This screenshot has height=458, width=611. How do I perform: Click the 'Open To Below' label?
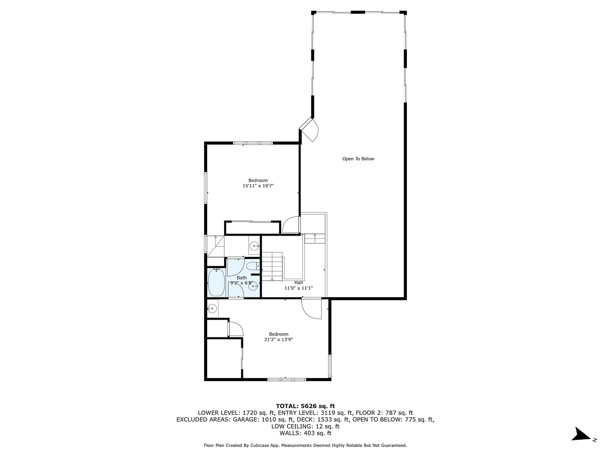pos(358,159)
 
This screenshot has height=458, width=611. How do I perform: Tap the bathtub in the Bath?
pos(216,283)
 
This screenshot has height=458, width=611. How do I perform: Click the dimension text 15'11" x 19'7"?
pos(258,186)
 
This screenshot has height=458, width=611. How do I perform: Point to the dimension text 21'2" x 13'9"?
pos(279,340)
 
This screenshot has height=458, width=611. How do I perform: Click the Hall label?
pos(298,282)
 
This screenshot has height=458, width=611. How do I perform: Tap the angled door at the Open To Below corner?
pos(310,129)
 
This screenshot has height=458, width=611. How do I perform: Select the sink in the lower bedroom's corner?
pos(212,308)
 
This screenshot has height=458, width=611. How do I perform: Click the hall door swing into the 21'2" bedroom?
pos(311,308)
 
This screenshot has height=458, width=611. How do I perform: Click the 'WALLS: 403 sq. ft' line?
pos(305,433)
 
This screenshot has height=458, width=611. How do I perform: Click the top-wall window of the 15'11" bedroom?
pos(253,143)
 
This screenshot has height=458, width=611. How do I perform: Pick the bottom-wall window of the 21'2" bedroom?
pos(286,379)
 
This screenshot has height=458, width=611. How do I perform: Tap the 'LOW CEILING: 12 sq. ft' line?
pos(305,426)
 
